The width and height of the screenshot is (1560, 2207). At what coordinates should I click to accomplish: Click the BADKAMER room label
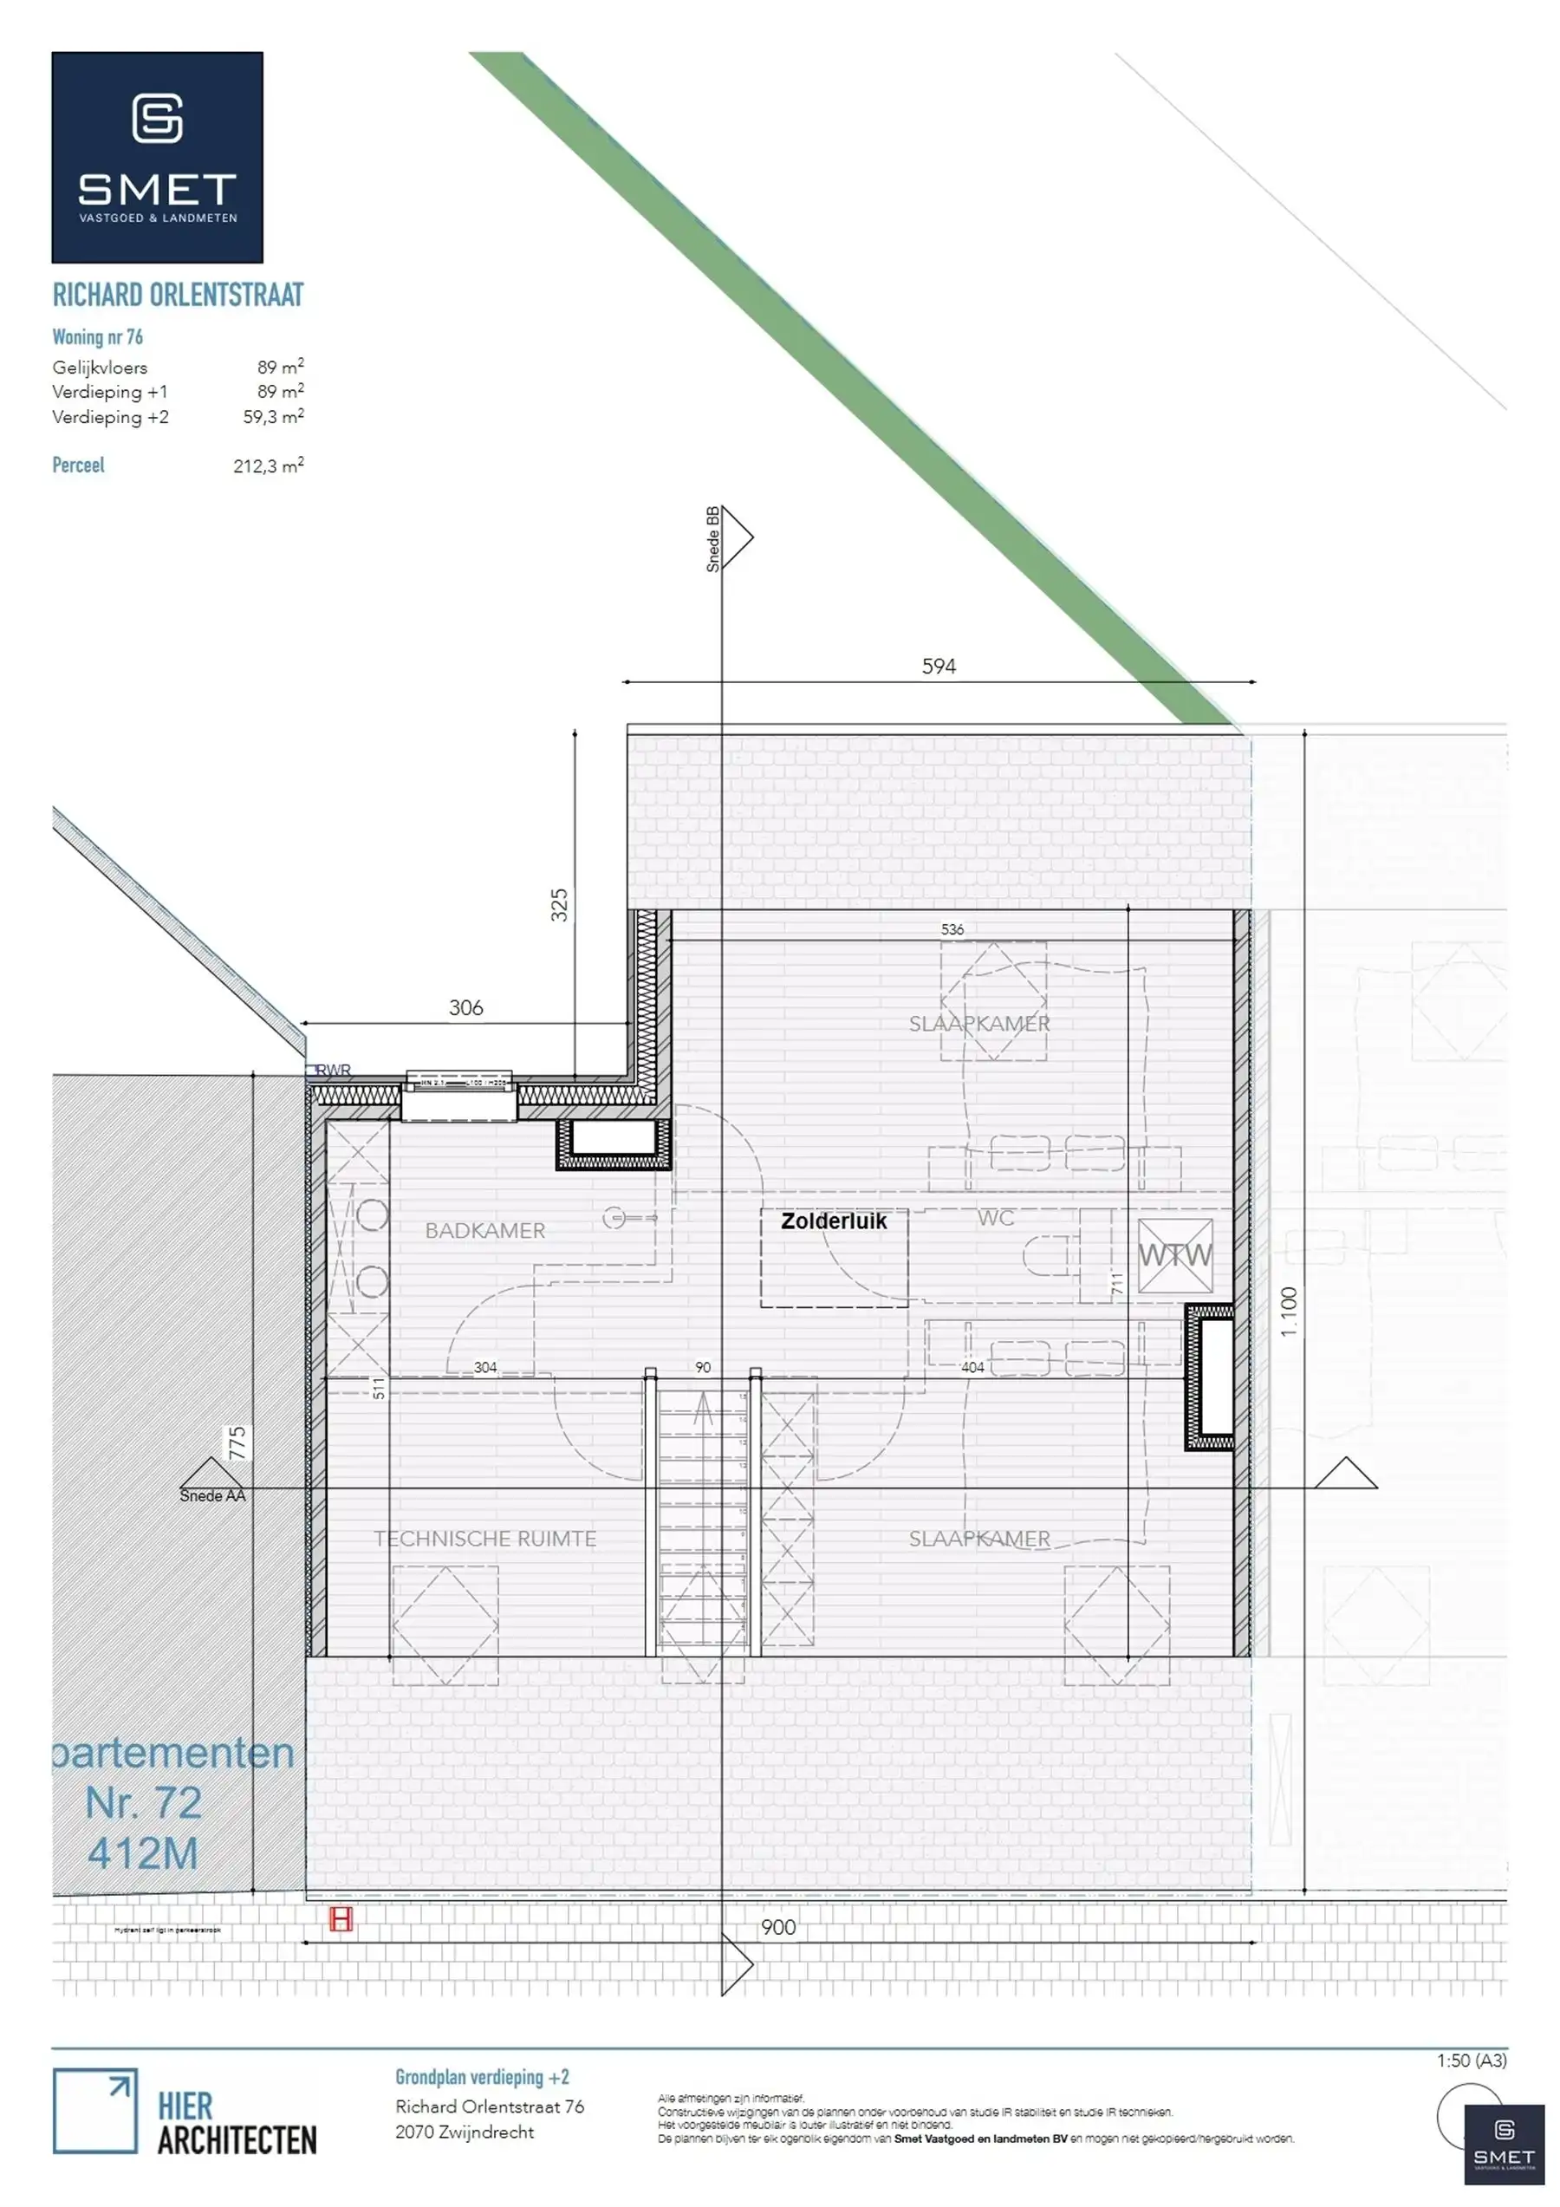pyautogui.click(x=484, y=1230)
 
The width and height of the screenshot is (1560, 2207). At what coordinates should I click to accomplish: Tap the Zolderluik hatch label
pyautogui.click(x=834, y=1221)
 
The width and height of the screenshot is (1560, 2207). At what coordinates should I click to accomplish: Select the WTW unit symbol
pyautogui.click(x=1174, y=1255)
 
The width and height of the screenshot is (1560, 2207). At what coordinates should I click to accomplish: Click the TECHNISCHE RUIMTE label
pyautogui.click(x=484, y=1538)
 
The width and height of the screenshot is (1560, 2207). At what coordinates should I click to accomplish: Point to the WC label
pyautogui.click(x=996, y=1218)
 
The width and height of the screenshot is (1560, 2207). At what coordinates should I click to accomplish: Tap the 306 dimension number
pyautogui.click(x=465, y=1007)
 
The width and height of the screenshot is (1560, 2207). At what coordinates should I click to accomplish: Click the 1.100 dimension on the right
pyautogui.click(x=1289, y=1312)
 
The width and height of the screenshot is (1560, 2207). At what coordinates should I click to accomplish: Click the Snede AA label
pyautogui.click(x=212, y=1495)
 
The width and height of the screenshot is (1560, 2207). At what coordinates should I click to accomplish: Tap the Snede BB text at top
pyautogui.click(x=713, y=539)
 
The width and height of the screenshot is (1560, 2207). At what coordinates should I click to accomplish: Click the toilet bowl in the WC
pyautogui.click(x=1045, y=1255)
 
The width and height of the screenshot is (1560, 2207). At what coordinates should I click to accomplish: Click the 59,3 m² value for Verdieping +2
pyautogui.click(x=273, y=417)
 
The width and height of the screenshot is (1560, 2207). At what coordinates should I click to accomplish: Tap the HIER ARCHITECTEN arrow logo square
pyautogui.click(x=94, y=2111)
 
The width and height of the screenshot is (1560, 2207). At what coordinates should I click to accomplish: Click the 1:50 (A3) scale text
pyautogui.click(x=1472, y=2060)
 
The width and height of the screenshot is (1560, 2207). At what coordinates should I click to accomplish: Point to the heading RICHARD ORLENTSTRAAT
pyautogui.click(x=178, y=295)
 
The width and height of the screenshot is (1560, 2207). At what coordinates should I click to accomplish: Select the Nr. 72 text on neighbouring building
pyautogui.click(x=143, y=1803)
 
